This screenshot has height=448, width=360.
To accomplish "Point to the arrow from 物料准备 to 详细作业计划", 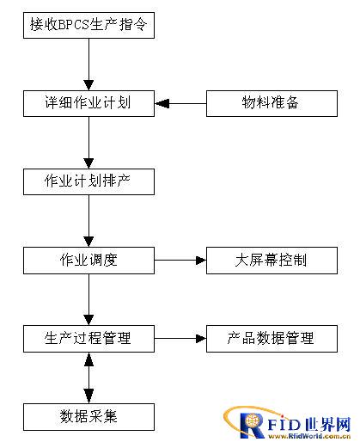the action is pyautogui.click(x=180, y=103).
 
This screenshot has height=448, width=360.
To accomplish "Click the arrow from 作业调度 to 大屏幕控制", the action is pyautogui.click(x=180, y=261).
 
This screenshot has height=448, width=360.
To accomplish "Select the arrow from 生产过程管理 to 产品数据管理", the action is pyautogui.click(x=180, y=339).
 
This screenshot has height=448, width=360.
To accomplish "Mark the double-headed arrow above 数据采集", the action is pyautogui.click(x=88, y=377).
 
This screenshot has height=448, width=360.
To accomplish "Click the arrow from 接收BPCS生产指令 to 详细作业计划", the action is pyautogui.click(x=88, y=64).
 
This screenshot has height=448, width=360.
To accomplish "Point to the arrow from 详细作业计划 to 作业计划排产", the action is pyautogui.click(x=88, y=143).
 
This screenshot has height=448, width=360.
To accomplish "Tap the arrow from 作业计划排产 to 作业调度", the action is pyautogui.click(x=88, y=221).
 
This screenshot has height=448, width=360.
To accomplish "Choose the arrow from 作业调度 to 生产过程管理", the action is pyautogui.click(x=88, y=299).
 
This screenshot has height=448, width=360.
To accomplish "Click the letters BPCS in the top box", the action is pyautogui.click(x=74, y=25).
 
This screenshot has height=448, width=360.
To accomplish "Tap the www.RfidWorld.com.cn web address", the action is pyautogui.click(x=309, y=436).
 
